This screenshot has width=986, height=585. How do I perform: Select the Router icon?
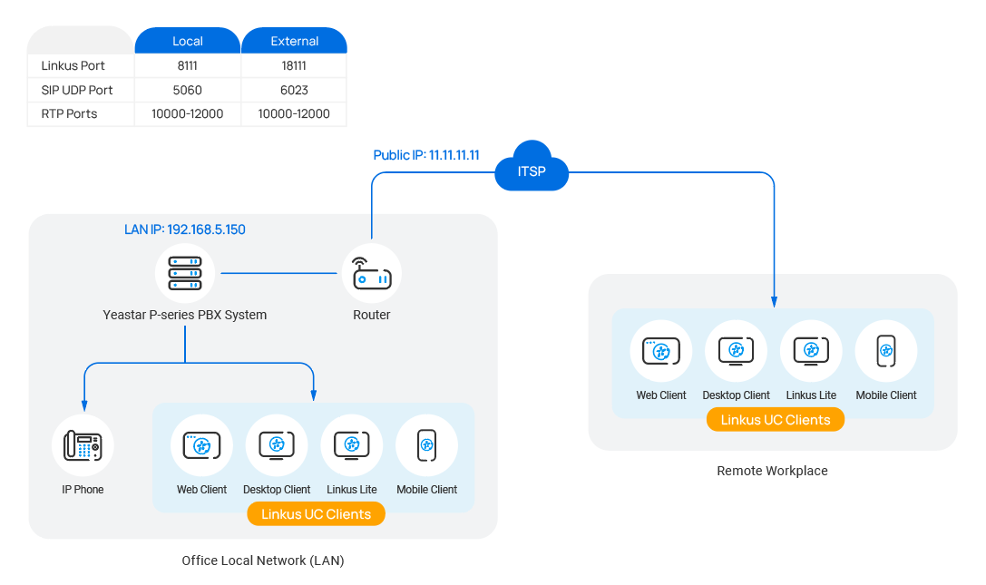372,275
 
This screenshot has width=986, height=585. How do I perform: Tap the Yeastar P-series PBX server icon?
185,273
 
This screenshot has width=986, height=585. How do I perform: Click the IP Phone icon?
83,445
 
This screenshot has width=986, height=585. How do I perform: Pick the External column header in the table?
294,41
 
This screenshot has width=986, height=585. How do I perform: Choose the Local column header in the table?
188,41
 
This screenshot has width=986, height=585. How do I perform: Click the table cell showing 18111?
294,66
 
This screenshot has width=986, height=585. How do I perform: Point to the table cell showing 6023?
294,90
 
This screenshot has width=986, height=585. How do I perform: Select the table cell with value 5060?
188,90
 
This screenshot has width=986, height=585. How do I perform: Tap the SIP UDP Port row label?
77,90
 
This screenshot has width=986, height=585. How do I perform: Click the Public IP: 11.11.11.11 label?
426,155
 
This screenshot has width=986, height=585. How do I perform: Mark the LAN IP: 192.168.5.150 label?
185,229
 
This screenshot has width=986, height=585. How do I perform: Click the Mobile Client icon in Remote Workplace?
886,351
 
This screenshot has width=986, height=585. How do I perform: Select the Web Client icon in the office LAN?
202,445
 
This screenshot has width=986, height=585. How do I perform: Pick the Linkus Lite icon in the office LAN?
352,445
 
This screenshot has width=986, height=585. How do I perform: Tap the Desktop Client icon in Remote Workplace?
736,351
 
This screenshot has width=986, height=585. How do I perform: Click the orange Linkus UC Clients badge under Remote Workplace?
776,420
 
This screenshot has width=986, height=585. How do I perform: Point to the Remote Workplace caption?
772,471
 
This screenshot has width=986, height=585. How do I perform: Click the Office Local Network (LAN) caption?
263,561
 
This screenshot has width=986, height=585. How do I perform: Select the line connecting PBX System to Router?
279,273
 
